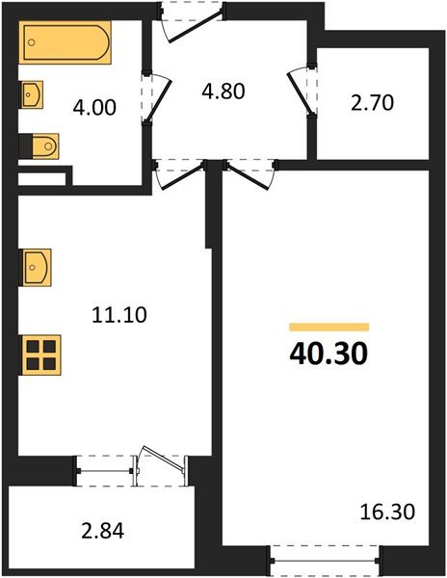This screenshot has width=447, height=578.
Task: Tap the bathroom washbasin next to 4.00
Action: coord(32,95)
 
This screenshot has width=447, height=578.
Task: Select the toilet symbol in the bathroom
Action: coord(41,145)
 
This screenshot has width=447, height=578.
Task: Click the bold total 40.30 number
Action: coord(328,354)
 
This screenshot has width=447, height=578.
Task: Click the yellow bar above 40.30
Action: coord(329,327)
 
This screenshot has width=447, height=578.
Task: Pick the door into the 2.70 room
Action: coord(301,89)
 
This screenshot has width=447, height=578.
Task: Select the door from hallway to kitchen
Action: coord(181,174)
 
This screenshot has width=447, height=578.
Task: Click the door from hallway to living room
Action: coord(250,174)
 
